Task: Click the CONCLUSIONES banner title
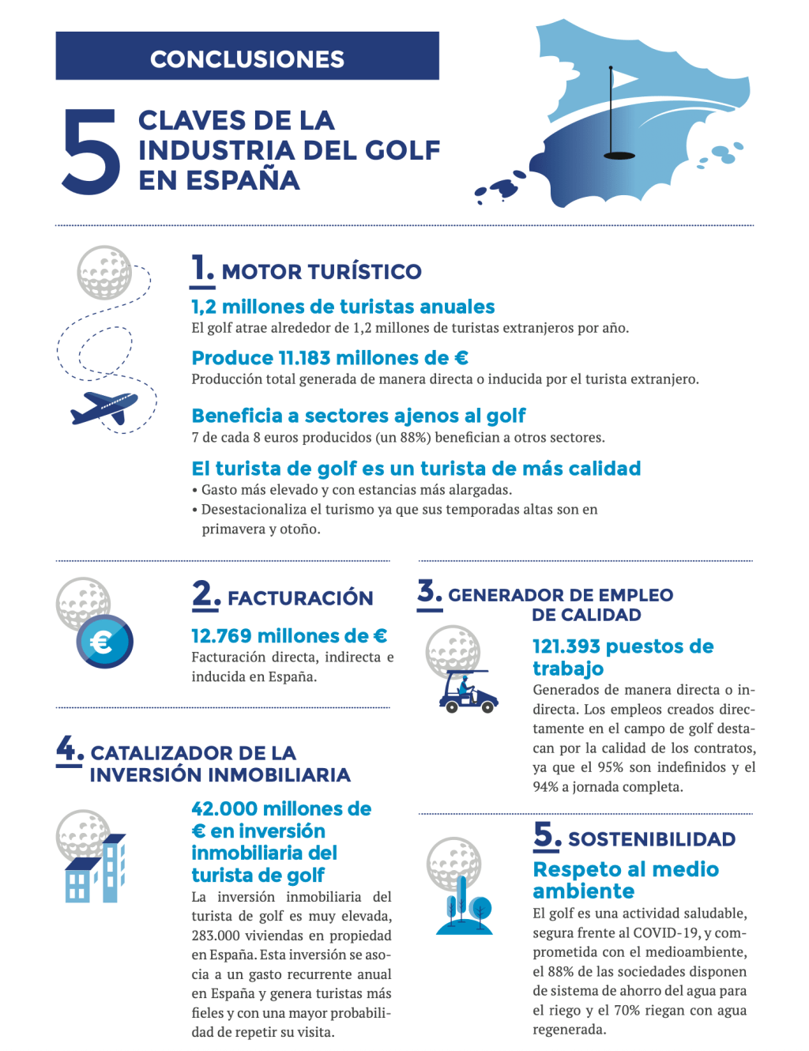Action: [x=246, y=59]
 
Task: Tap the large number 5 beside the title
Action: [x=91, y=152]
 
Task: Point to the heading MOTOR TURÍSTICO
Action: [x=321, y=272]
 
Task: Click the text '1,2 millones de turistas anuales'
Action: [x=343, y=307]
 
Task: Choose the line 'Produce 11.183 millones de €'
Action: [x=329, y=358]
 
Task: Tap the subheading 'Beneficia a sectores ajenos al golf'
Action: [x=358, y=416]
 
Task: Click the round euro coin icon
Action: [x=104, y=642]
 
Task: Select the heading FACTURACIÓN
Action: [x=299, y=598]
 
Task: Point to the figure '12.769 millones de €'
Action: [x=289, y=636]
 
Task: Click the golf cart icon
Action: [x=468, y=692]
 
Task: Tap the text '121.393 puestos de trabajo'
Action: [x=623, y=657]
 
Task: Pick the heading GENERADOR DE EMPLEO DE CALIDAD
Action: [x=560, y=605]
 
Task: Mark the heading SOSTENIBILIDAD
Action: [x=651, y=839]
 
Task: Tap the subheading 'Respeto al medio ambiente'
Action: [x=625, y=880]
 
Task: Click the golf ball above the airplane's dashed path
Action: [x=104, y=273]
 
